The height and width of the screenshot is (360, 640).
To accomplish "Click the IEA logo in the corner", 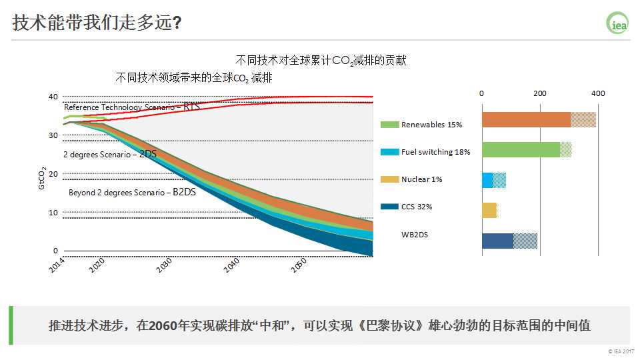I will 617,23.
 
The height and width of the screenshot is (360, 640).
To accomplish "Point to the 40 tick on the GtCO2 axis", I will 53,97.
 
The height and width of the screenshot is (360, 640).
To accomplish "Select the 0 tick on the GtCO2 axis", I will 55,251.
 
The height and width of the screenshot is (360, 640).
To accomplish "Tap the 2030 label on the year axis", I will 164,266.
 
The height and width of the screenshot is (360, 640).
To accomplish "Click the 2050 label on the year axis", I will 298,266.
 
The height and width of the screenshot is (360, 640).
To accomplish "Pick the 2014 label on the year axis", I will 59,264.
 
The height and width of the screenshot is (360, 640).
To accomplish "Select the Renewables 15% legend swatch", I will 389,125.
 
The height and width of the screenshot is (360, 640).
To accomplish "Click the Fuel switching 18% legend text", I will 435,152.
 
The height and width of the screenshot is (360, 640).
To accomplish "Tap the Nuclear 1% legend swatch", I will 389,179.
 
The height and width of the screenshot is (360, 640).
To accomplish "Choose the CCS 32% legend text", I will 417,207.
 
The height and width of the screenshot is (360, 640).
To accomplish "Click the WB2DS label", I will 414,234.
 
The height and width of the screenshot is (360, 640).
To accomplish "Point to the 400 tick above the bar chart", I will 598,93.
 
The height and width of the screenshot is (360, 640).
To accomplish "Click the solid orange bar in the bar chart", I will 526,120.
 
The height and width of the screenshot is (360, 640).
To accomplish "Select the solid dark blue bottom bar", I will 497,241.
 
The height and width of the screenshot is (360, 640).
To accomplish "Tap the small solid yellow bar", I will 489,211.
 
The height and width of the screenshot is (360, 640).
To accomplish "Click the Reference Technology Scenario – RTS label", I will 131,107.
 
